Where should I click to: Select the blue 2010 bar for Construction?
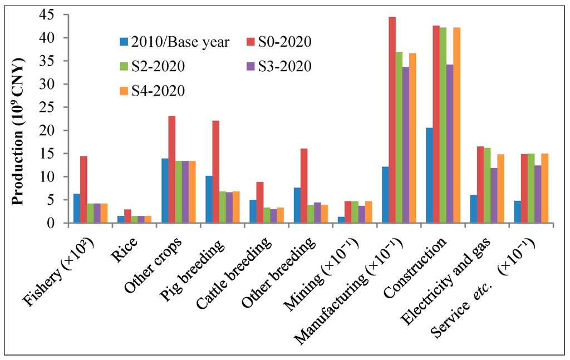click(429, 175)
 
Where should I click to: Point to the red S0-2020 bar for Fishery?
click(83, 189)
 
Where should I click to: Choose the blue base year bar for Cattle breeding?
click(253, 211)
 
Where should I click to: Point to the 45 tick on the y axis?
click(53, 15)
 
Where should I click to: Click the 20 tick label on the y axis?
click(53, 131)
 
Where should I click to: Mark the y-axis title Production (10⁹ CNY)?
click(18, 131)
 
